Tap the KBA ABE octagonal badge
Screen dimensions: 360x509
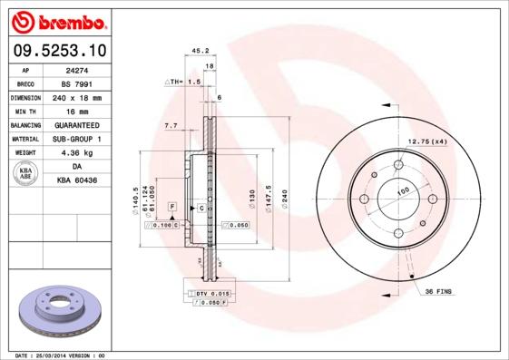[x=26, y=175]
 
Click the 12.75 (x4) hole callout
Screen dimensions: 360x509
[x=427, y=141]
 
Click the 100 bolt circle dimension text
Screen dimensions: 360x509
[x=402, y=190]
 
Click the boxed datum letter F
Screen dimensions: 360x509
[x=169, y=208]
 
